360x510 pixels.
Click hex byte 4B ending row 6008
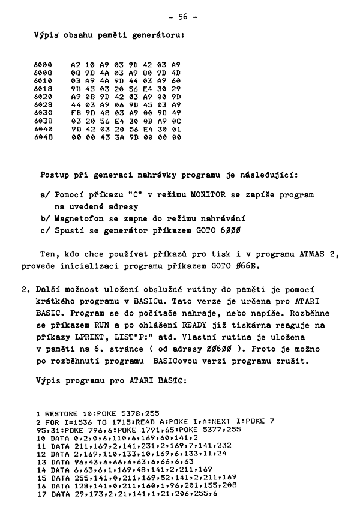(176, 71)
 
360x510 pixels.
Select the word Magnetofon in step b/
(79, 218)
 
